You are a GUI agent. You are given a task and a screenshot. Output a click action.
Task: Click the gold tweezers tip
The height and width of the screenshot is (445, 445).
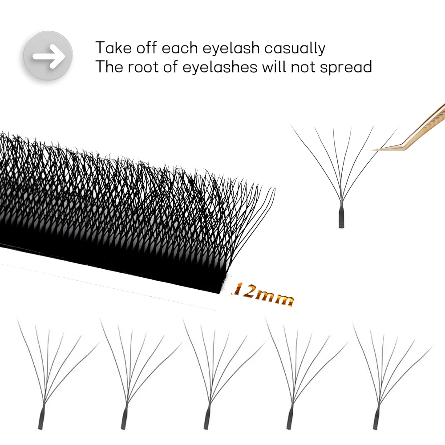[x=376, y=149]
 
